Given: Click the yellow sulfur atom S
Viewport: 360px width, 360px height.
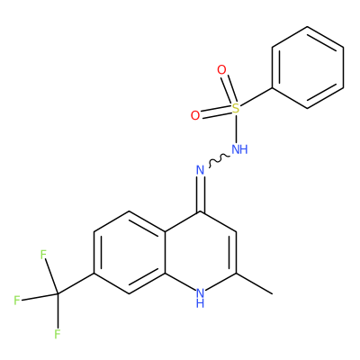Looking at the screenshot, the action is pyautogui.click(x=236, y=108).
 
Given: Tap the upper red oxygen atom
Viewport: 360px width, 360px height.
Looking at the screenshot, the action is pyautogui.click(x=221, y=70).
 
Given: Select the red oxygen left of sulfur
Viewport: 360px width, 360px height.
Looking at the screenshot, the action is pyautogui.click(x=195, y=115).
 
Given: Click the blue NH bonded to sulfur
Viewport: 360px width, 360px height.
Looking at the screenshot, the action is pyautogui.click(x=240, y=149).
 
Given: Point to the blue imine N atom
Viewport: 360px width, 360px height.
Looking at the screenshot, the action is pyautogui.click(x=200, y=170).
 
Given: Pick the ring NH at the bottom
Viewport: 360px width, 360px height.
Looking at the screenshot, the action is pyautogui.click(x=200, y=297).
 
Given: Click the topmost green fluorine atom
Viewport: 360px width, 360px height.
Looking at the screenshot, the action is pyautogui.click(x=44, y=255).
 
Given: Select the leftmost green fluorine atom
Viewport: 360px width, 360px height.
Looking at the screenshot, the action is pyautogui.click(x=17, y=300).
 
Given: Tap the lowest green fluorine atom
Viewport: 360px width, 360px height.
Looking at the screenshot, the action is pyautogui.click(x=58, y=334).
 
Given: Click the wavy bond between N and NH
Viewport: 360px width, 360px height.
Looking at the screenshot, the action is pyautogui.click(x=219, y=160).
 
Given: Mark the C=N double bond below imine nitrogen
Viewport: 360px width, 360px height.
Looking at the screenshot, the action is pyautogui.click(x=200, y=194).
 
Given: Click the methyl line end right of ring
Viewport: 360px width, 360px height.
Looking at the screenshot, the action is pyautogui.click(x=273, y=293).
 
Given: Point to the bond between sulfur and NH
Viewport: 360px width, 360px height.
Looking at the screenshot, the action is pyautogui.click(x=236, y=129).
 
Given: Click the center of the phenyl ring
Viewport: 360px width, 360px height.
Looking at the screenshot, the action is pyautogui.click(x=308, y=67).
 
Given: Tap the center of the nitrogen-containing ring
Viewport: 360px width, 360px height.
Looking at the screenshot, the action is pyautogui.click(x=200, y=253).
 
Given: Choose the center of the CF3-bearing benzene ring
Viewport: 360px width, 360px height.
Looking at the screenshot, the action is pyautogui.click(x=130, y=253).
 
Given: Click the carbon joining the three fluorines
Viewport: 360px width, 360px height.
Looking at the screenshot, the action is pyautogui.click(x=58, y=293).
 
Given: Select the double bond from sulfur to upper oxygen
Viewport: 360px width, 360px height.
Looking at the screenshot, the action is pyautogui.click(x=228, y=89).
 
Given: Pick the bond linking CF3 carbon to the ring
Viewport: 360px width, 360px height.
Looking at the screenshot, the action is pyautogui.click(x=76, y=283).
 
